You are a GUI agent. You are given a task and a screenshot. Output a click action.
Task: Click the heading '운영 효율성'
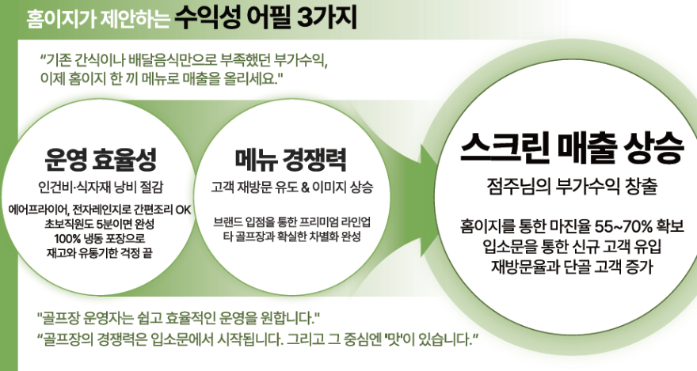(100, 159)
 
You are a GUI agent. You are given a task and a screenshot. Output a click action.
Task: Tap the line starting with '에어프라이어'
(100, 210)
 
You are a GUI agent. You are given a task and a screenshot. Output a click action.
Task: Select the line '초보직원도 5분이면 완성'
(100, 225)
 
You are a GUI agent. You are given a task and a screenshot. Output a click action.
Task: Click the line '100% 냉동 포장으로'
(100, 238)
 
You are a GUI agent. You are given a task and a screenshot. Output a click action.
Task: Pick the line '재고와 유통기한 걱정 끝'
(100, 252)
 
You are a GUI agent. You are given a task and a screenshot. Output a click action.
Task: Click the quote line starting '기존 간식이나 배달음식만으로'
(183, 61)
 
